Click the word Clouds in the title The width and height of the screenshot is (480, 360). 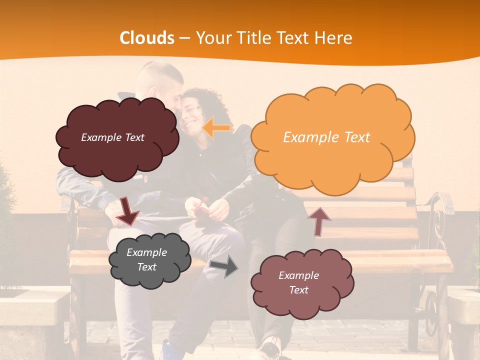click(x=147, y=38)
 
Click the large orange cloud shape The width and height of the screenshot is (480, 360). click(x=332, y=137)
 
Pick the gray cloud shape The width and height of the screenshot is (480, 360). click(x=149, y=260)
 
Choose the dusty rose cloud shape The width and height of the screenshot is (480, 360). click(x=302, y=283)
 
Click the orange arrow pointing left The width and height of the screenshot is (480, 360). click(x=216, y=127)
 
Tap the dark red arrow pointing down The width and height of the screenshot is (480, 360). click(x=128, y=210)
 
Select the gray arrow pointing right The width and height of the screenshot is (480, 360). click(x=224, y=267)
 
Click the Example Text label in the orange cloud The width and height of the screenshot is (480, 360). click(x=326, y=137)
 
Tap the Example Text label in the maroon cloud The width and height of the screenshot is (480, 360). click(x=112, y=137)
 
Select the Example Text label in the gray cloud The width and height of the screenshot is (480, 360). click(x=146, y=260)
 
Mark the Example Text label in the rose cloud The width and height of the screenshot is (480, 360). click(x=298, y=282)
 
